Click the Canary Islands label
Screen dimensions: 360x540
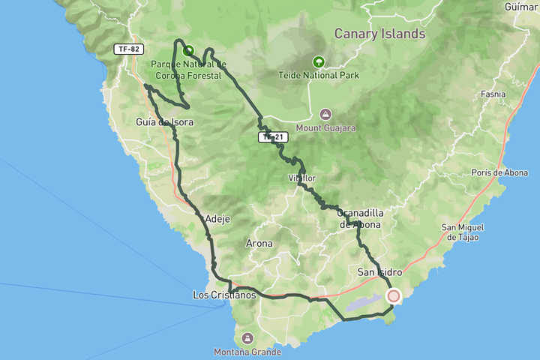[x=379, y=34]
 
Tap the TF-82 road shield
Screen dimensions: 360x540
[x=128, y=49]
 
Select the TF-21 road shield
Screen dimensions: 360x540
[x=272, y=136]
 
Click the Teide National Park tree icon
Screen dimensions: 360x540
[x=319, y=62]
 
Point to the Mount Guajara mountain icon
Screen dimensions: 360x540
[x=325, y=115]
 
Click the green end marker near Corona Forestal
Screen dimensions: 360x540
[x=188, y=52]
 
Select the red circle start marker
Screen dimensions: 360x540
[x=393, y=296]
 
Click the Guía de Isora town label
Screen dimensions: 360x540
[x=165, y=122]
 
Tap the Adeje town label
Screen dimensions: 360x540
[x=217, y=219]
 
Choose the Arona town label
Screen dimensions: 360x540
[x=259, y=244]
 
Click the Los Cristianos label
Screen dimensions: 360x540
[x=224, y=295]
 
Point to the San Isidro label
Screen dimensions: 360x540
[x=379, y=271]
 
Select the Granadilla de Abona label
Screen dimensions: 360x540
[x=360, y=217]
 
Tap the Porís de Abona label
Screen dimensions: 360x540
[x=499, y=172]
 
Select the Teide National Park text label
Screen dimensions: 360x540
[x=319, y=75]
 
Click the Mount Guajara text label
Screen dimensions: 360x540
[x=325, y=128]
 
